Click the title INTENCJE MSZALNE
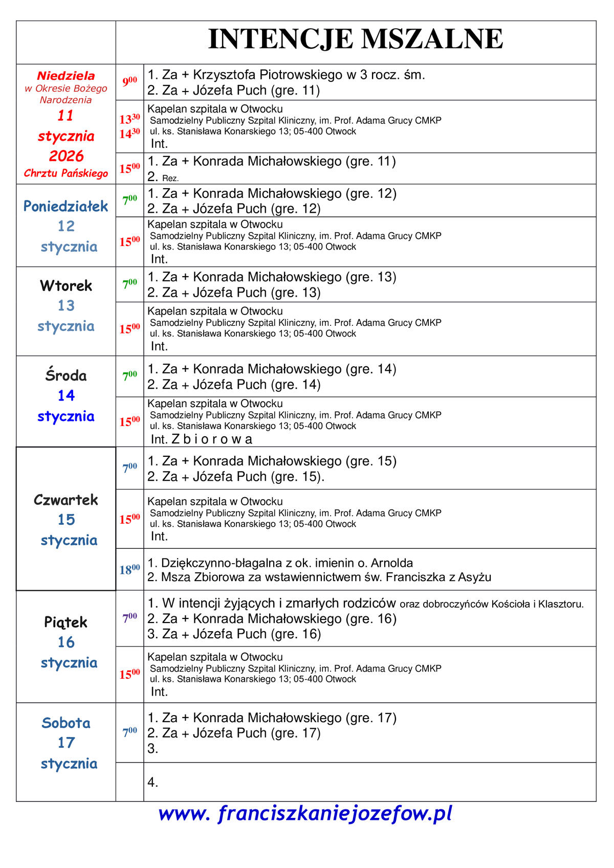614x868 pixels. coord(356,39)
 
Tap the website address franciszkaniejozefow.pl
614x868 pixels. coord(305,813)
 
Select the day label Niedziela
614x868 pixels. coord(66,76)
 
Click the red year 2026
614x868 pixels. coord(66,155)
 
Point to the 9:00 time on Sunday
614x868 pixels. coord(129,81)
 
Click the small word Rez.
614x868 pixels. coord(170,179)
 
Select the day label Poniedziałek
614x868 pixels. coord(66,206)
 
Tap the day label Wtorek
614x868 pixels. coord(66,285)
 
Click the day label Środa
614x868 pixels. coord(66,375)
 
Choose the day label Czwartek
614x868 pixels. coord(66,500)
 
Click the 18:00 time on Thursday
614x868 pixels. coord(129,569)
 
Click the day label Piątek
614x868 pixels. coord(66,622)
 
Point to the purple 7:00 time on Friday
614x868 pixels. coord(129,618)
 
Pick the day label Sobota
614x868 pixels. coord(66,723)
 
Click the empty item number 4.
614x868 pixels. coord(152,782)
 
